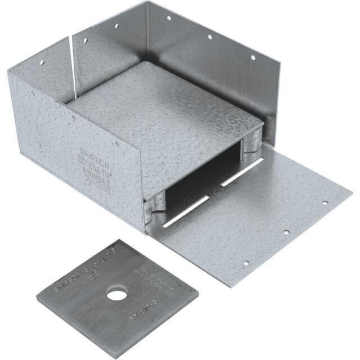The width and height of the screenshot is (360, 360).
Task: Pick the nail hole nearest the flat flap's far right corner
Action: (324, 202)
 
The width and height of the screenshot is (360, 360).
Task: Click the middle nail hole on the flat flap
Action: (286, 232)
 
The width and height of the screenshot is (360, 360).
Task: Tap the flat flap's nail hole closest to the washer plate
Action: (245, 262)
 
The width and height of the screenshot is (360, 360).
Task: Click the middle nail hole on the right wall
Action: (209, 37)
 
